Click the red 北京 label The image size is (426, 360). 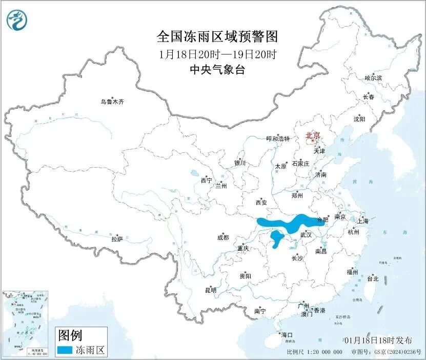(x=313, y=135)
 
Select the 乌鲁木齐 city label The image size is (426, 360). (x=112, y=102)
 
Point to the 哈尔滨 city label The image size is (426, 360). (x=373, y=78)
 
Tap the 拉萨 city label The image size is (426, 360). (x=117, y=239)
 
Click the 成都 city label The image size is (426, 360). (x=223, y=237)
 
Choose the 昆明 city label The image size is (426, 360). (x=211, y=290)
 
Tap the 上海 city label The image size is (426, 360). (x=363, y=221)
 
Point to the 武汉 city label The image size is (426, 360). (x=306, y=234)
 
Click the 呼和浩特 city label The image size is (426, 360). (x=278, y=138)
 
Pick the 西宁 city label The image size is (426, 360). (x=206, y=180)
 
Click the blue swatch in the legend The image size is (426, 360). (x=65, y=351)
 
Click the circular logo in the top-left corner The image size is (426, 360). (x=17, y=20)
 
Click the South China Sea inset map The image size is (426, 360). (x=26, y=323)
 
